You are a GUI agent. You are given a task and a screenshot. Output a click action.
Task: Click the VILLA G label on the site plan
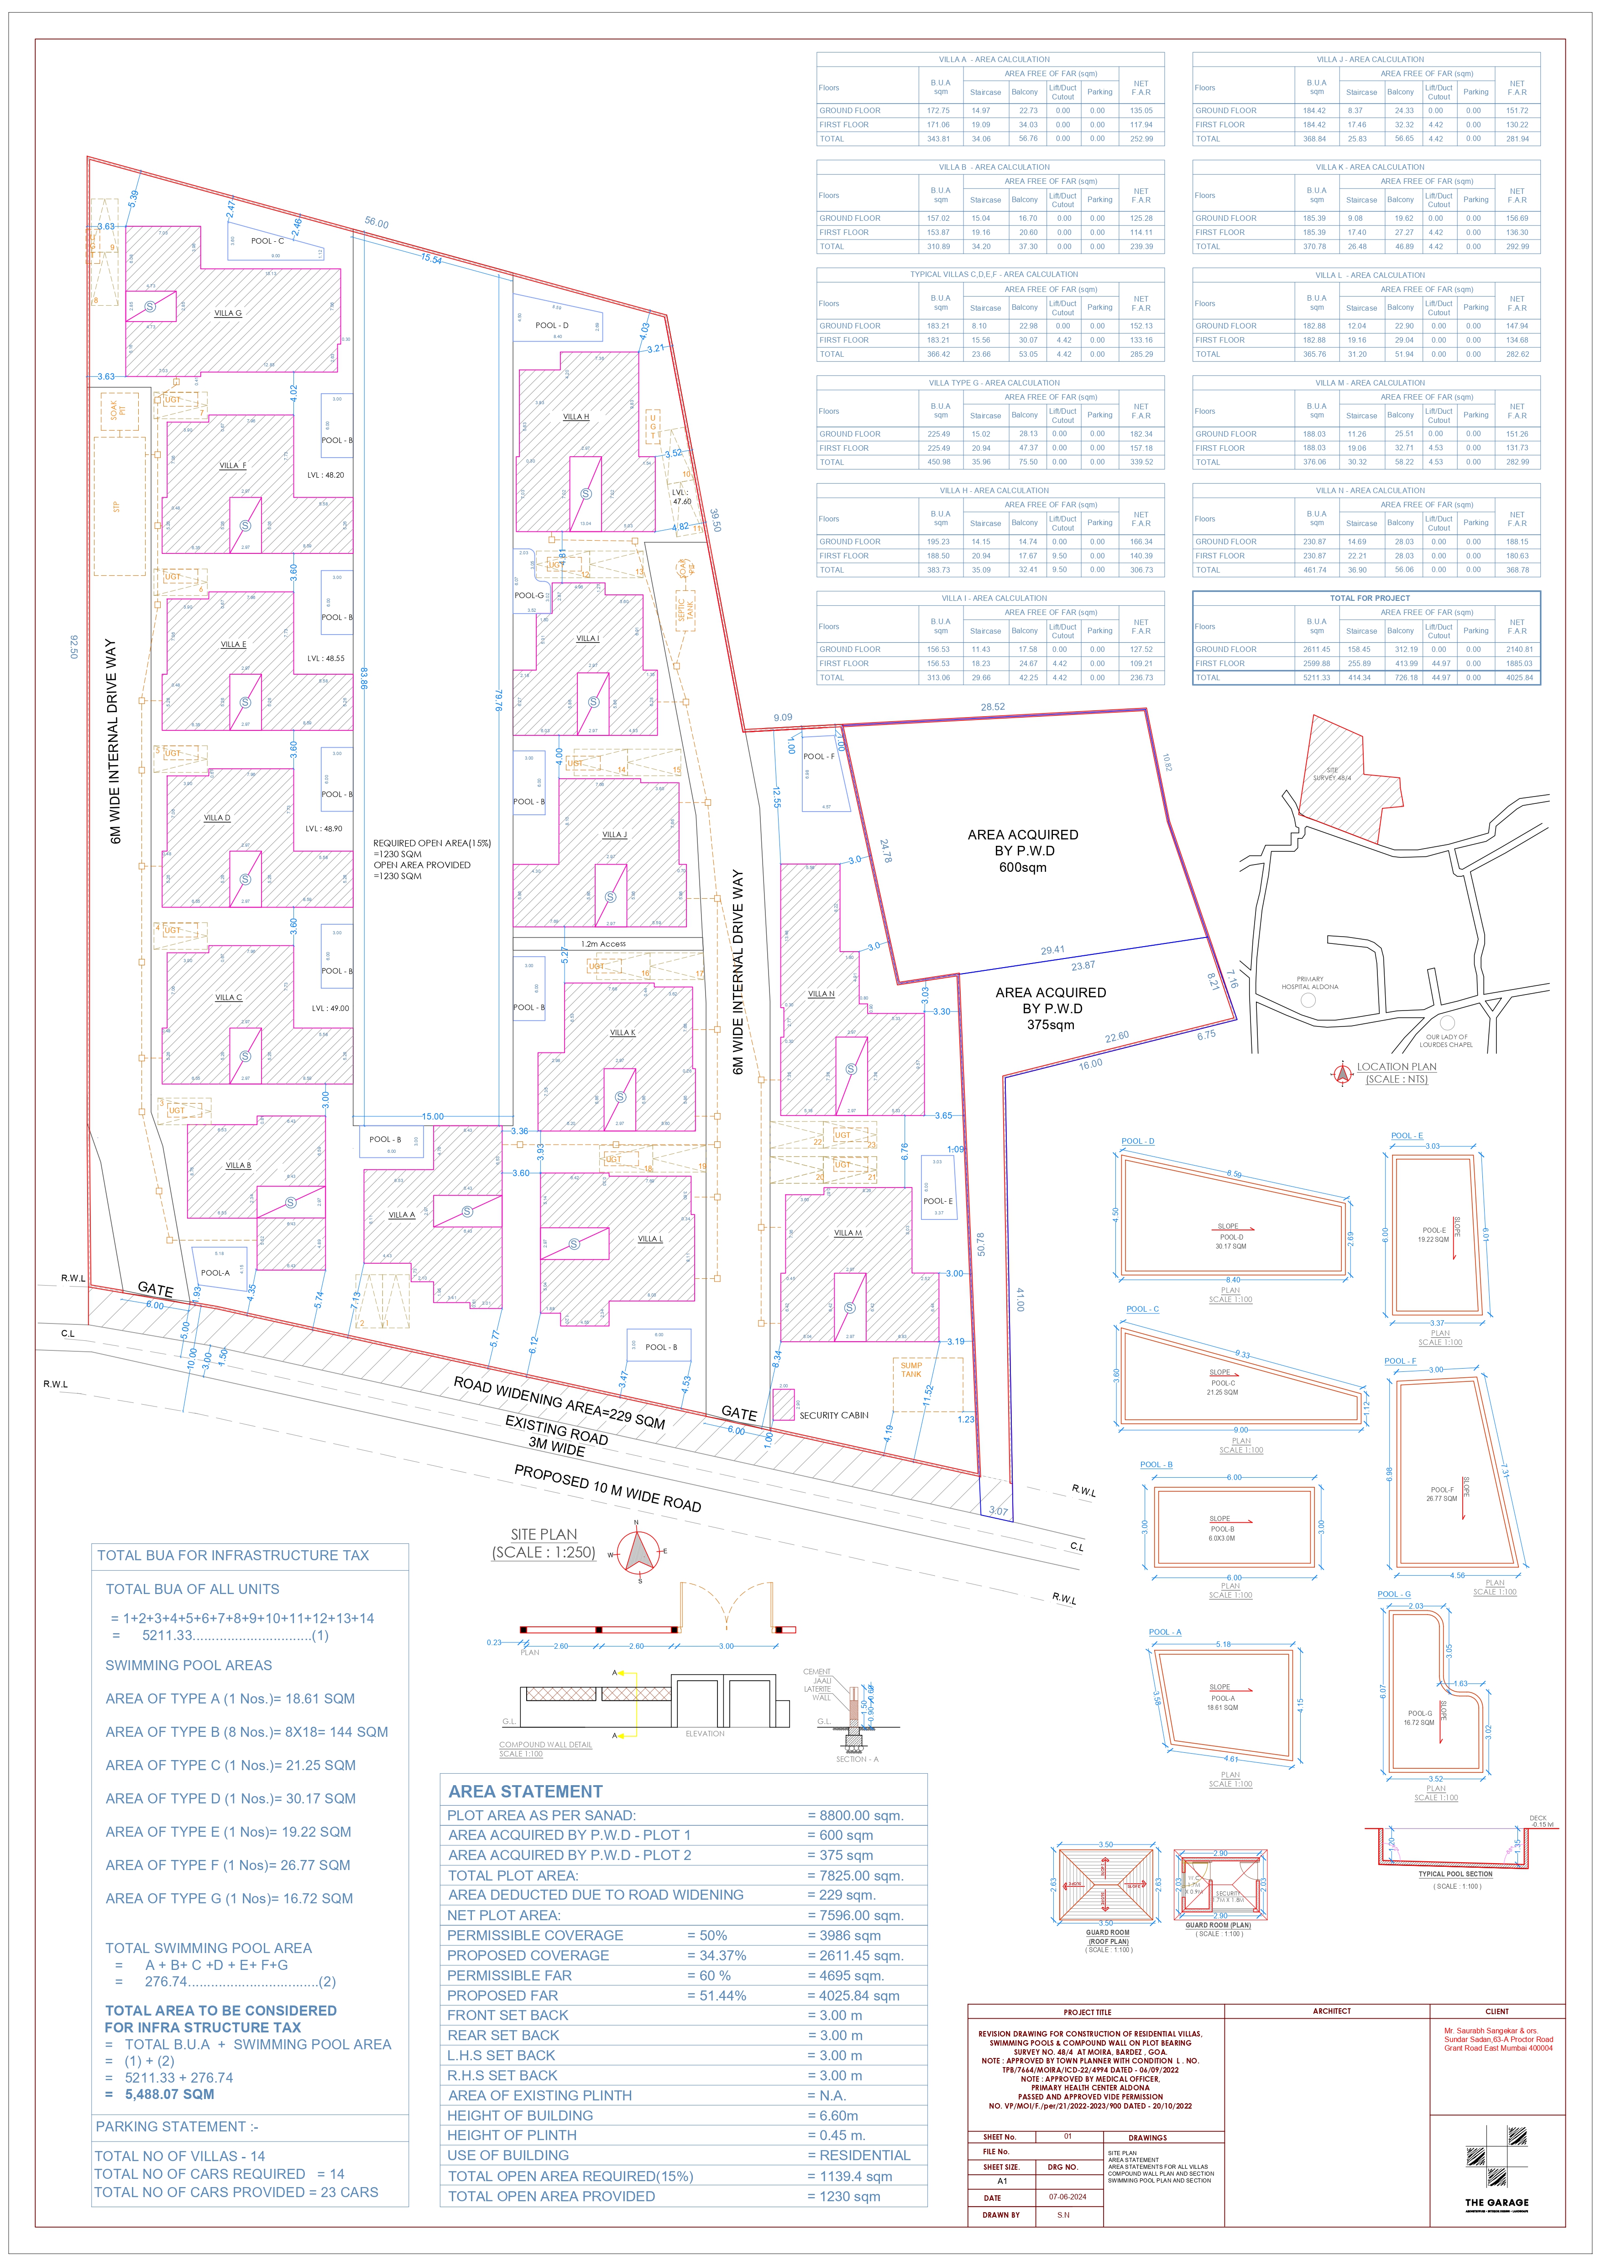click(x=228, y=313)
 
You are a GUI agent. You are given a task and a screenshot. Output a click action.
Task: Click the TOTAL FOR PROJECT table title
click(x=1369, y=598)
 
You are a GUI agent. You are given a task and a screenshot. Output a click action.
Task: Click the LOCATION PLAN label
click(x=1396, y=1067)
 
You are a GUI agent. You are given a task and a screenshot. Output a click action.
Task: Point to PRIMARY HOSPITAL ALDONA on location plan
click(x=1310, y=983)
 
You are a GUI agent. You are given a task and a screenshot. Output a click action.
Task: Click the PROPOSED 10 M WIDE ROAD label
click(x=607, y=1488)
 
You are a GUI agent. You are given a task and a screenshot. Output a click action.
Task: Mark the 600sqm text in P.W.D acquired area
click(x=1023, y=868)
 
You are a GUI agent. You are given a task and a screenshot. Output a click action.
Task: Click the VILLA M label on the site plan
click(x=848, y=1233)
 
